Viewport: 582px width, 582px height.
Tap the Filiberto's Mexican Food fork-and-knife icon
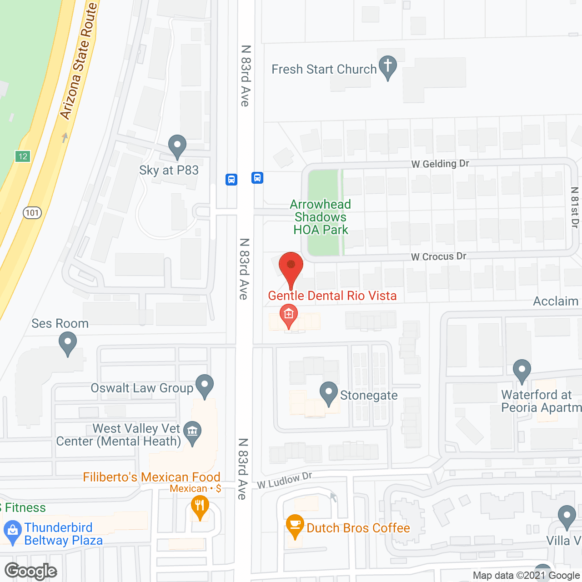(200, 506)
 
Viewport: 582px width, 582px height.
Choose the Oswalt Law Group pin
(205, 385)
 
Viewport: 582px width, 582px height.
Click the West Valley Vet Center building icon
(193, 431)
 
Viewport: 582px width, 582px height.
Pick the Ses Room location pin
(68, 343)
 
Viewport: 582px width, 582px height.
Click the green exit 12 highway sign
(23, 156)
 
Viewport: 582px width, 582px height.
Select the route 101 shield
(32, 212)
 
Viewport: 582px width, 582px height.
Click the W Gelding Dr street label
(440, 164)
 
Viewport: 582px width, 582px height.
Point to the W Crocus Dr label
(438, 256)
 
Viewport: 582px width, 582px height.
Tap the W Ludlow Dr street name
(285, 481)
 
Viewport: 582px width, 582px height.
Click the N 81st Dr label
(575, 207)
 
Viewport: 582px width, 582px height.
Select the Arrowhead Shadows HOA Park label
(321, 217)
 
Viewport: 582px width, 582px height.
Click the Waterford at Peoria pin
(522, 370)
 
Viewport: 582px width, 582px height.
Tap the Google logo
(31, 571)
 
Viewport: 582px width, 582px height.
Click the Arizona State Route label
(79, 61)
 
